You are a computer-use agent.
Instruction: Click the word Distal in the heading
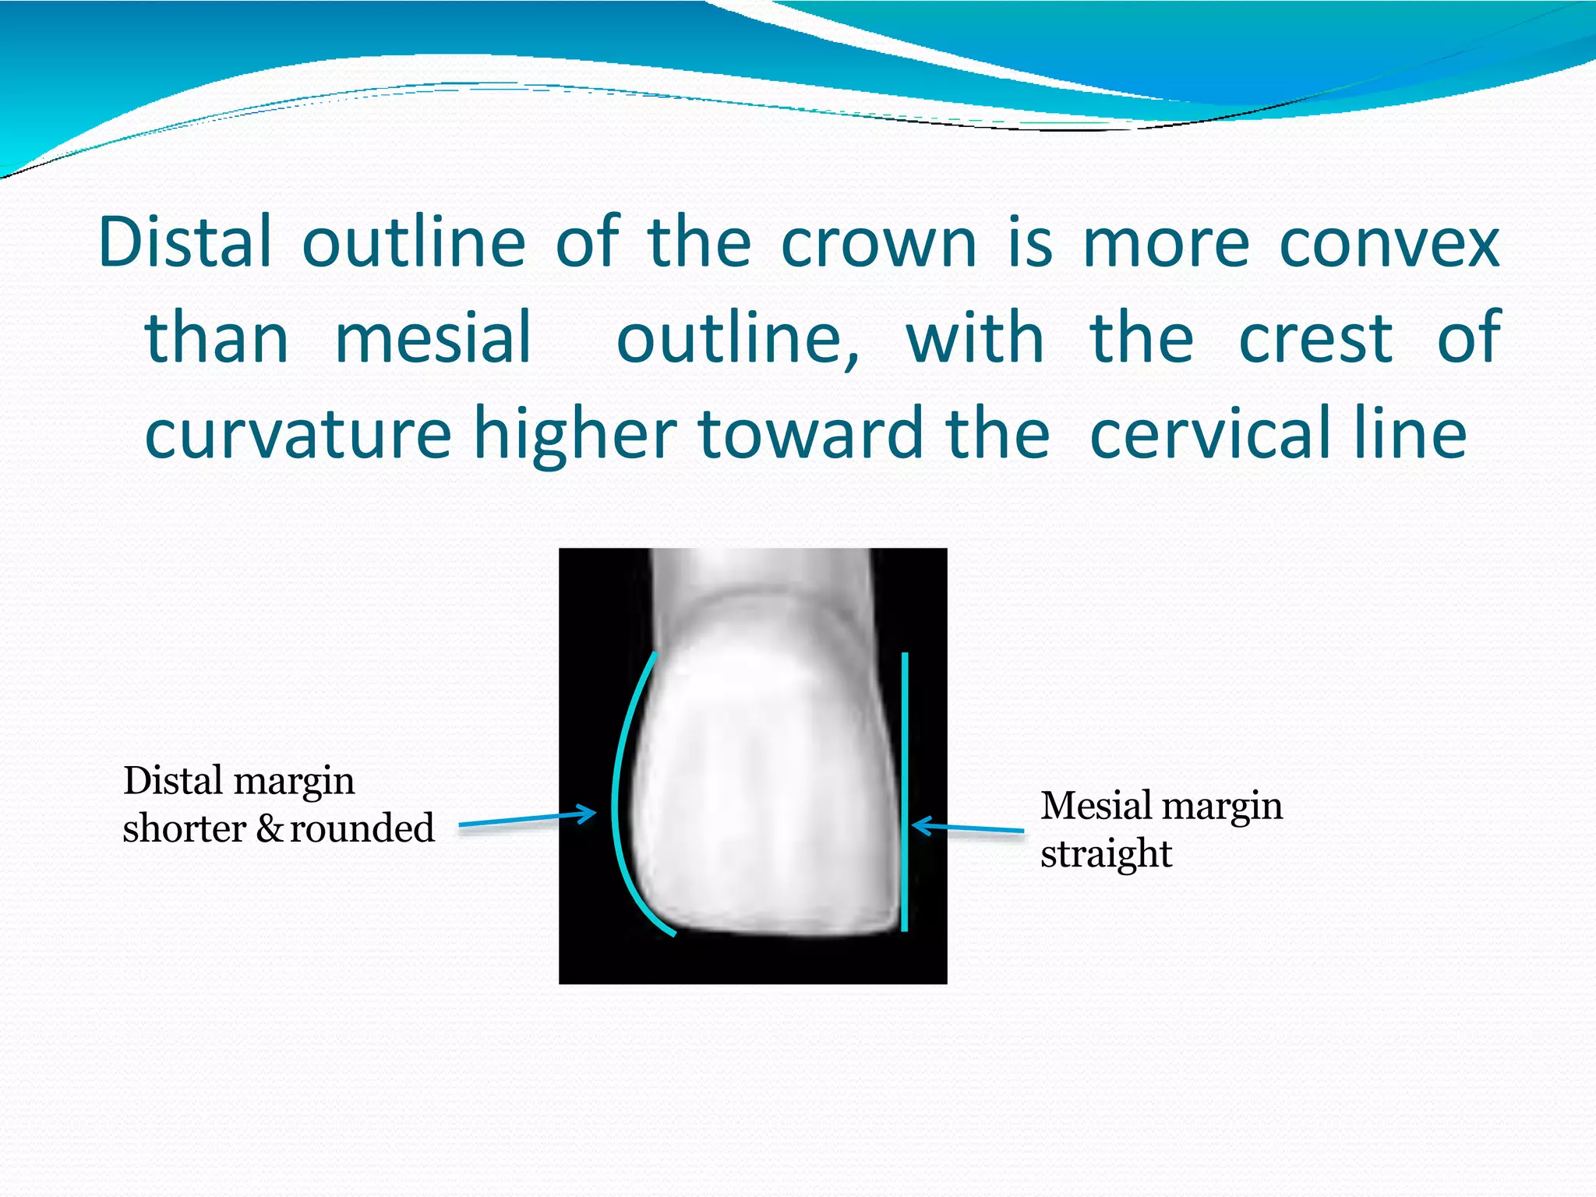click(185, 242)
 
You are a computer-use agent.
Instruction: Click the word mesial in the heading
click(433, 338)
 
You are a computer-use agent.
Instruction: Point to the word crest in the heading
click(1315, 338)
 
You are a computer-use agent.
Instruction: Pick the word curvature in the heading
click(298, 435)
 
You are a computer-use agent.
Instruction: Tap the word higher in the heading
click(575, 435)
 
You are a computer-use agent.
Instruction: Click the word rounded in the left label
click(362, 828)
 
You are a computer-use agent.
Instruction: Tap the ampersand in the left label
click(270, 828)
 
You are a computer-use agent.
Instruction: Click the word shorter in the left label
click(185, 828)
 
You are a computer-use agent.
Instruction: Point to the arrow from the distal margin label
click(527, 819)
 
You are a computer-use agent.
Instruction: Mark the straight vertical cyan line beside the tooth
click(905, 791)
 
